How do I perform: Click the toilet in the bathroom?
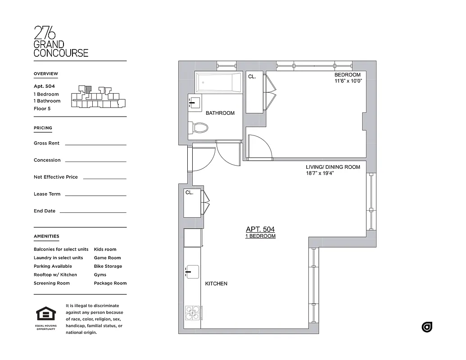coord(200,128)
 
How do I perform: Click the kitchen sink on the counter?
coord(192,271)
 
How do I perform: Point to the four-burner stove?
coord(192,312)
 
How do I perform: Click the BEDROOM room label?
coord(347,75)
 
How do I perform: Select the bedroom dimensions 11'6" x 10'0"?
coord(347,81)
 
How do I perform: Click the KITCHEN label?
coord(216,284)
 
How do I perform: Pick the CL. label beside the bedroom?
coord(252,77)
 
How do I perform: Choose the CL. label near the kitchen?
coord(190,193)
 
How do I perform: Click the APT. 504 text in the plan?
coord(260,229)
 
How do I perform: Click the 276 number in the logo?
coord(45,33)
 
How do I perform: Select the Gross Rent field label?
coord(46,143)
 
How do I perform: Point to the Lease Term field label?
coord(47,194)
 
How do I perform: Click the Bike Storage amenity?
coord(108,266)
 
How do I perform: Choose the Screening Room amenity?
coord(52,283)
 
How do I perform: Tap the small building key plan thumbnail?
coord(98,96)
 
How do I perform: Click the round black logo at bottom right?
coord(427,327)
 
